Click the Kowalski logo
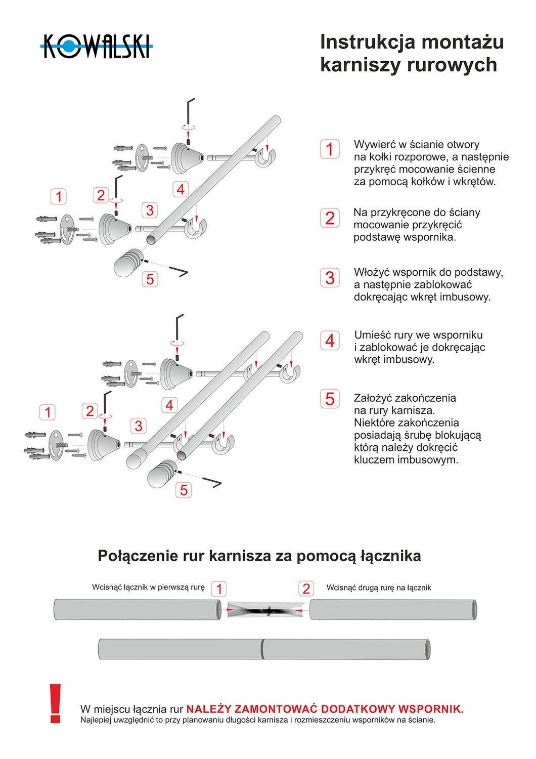click(x=96, y=47)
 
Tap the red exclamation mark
click(x=55, y=703)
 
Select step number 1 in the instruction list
click(x=330, y=149)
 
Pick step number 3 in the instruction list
click(x=330, y=278)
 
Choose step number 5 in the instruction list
click(x=330, y=399)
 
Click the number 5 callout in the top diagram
click(x=150, y=279)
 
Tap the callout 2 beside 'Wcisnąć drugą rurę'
click(x=306, y=588)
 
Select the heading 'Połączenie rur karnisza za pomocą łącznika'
click(x=259, y=556)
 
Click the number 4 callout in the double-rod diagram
click(x=169, y=405)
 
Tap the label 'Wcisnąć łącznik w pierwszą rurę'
click(x=148, y=587)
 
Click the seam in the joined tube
click(x=262, y=649)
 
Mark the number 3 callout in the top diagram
click(x=149, y=210)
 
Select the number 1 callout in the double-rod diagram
click(x=48, y=412)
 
